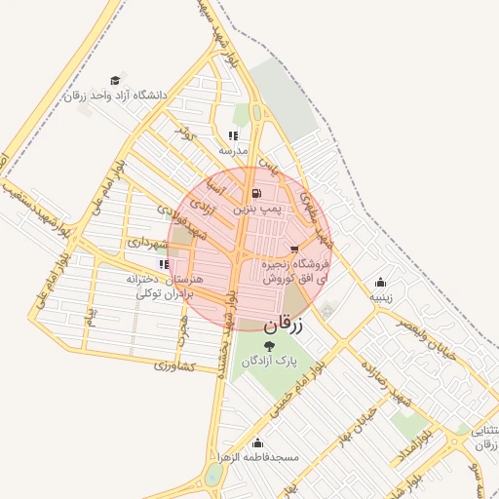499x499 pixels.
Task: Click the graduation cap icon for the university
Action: point(116,80)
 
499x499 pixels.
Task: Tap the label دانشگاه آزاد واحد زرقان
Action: point(116,96)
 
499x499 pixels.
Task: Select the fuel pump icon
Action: point(256,193)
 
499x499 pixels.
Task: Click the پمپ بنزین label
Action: point(257,209)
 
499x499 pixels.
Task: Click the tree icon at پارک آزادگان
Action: point(269,344)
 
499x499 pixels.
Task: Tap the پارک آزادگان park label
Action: point(269,361)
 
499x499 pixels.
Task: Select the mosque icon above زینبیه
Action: point(379,283)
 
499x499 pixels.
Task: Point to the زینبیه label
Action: point(379,298)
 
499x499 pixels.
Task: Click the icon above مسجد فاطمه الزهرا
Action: point(257,442)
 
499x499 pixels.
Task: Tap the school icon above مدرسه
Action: point(233,135)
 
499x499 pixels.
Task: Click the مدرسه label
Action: point(233,151)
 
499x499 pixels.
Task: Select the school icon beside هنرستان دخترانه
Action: point(162,263)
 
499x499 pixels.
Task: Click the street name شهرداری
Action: point(148,241)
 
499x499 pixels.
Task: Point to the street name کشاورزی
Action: point(175,366)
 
